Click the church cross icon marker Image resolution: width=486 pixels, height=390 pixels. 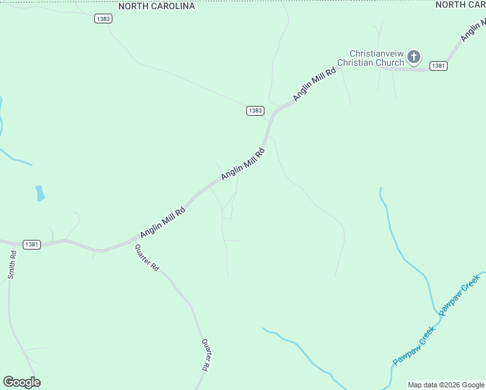(x=413, y=58)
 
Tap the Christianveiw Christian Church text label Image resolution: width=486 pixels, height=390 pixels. (x=377, y=58)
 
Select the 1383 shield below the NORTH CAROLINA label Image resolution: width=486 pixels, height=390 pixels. (x=103, y=19)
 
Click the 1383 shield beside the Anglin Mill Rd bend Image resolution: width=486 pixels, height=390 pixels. (x=255, y=110)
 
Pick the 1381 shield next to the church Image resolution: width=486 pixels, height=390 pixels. (x=438, y=66)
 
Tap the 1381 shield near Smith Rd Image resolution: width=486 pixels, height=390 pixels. (x=32, y=244)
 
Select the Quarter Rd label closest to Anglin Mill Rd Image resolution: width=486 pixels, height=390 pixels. (x=147, y=257)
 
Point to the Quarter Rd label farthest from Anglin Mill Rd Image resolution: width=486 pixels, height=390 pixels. (x=205, y=355)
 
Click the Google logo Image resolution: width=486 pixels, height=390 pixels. (x=21, y=382)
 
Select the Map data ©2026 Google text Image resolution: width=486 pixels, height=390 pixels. (x=446, y=385)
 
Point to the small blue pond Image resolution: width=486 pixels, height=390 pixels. (x=40, y=193)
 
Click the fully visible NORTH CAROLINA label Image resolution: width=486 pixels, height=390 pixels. (x=157, y=6)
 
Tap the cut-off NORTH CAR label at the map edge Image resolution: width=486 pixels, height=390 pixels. (x=460, y=5)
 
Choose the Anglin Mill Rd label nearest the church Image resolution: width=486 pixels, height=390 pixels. (x=314, y=83)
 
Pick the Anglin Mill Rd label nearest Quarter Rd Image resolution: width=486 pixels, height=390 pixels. (x=162, y=222)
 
